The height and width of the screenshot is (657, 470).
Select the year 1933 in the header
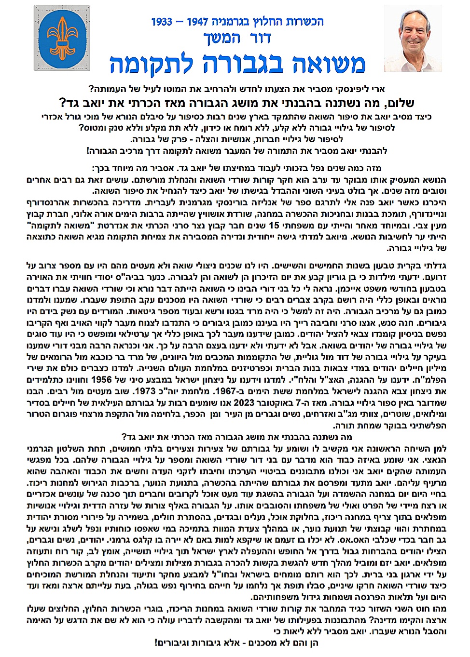tap(162, 22)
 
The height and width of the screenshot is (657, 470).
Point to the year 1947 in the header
tap(200, 22)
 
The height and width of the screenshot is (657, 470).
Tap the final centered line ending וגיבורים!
tap(236, 643)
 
